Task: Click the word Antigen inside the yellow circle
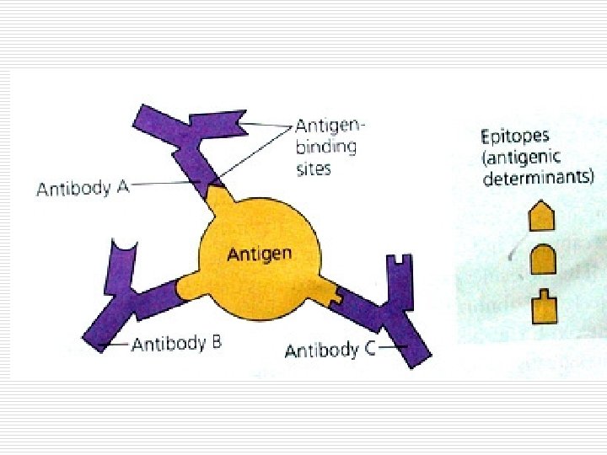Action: pyautogui.click(x=261, y=254)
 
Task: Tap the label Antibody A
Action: pyautogui.click(x=82, y=188)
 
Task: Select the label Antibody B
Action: pyautogui.click(x=176, y=344)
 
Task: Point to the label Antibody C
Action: pyautogui.click(x=330, y=350)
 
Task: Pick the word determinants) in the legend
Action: pyautogui.click(x=542, y=178)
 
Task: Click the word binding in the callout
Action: pyautogui.click(x=325, y=147)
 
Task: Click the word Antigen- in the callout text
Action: pyautogui.click(x=330, y=126)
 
